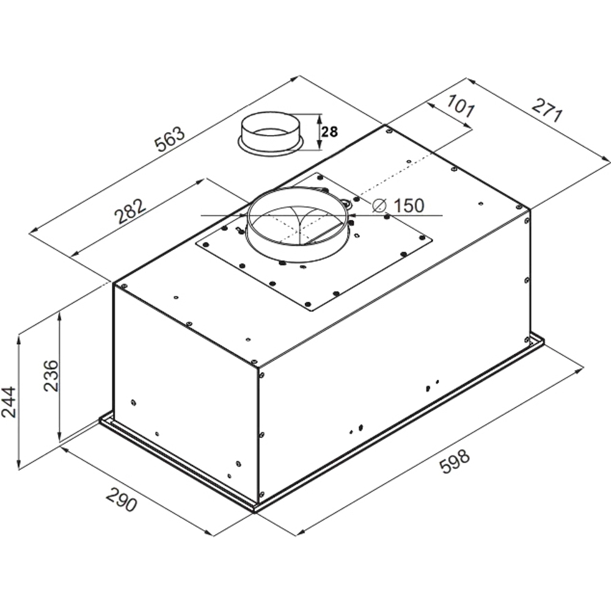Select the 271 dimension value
click(547, 110)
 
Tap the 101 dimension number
click(461, 105)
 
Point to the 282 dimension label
click(130, 211)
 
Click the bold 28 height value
click(330, 132)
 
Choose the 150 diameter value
click(409, 205)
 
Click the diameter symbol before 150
click(379, 205)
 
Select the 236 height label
click(51, 376)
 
